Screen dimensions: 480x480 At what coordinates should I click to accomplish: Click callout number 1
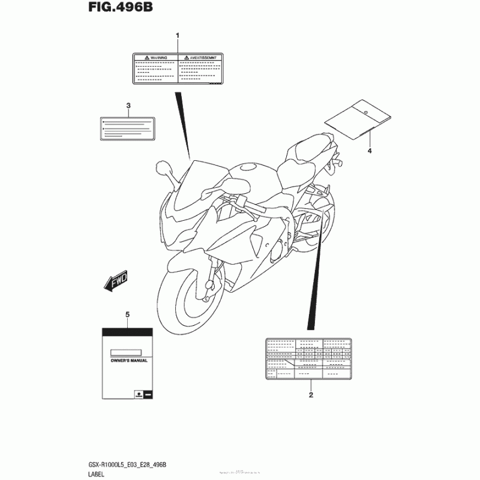tap(178, 36)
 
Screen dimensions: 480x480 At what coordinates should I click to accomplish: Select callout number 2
tap(311, 395)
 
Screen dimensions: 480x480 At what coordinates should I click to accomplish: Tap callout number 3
tap(128, 106)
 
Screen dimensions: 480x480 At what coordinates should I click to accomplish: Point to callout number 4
tap(370, 151)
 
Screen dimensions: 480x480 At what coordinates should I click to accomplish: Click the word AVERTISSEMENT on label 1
tap(200, 56)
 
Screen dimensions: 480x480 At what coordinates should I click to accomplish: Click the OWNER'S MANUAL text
tap(127, 361)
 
